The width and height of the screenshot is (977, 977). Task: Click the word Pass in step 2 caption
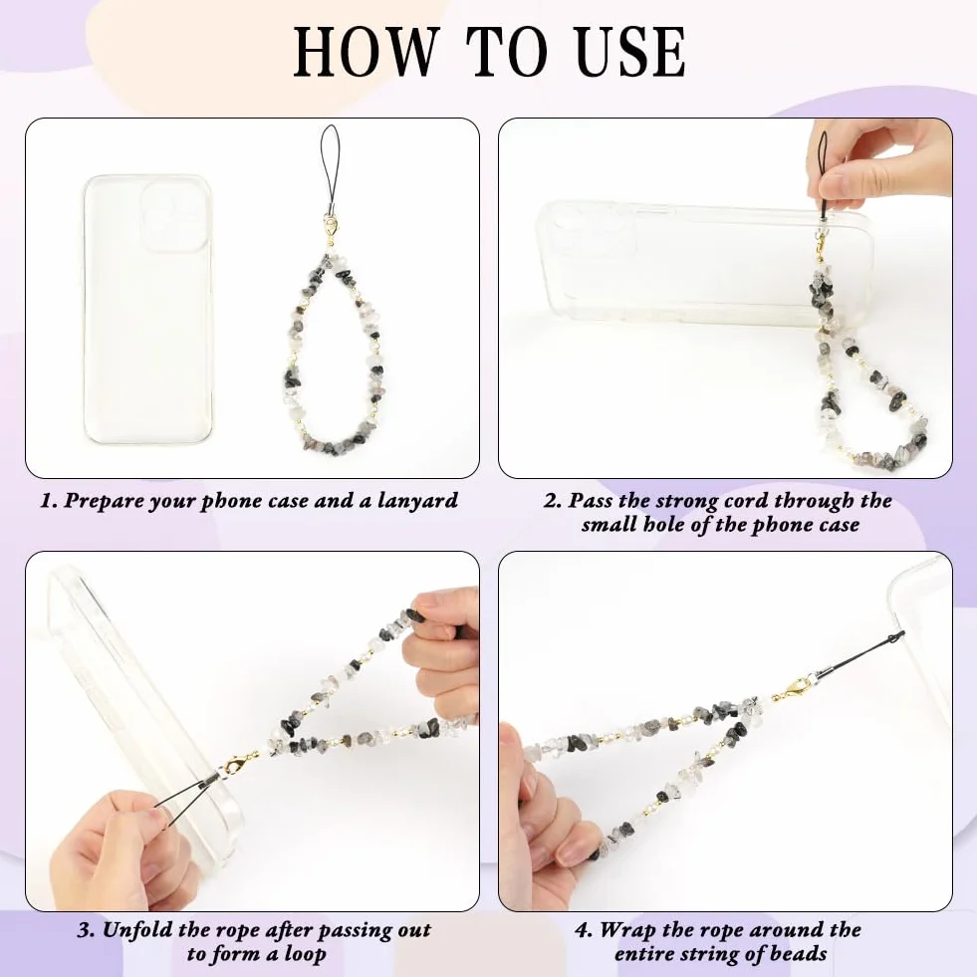(x=591, y=500)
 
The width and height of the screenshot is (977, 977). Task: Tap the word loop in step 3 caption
(x=305, y=954)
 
